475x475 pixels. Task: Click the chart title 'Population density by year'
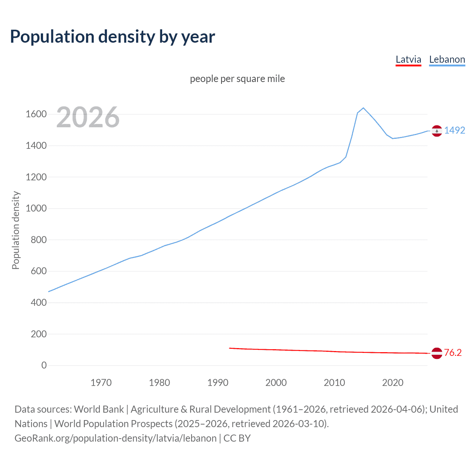pyautogui.click(x=112, y=37)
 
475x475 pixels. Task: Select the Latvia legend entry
pyautogui.click(x=408, y=60)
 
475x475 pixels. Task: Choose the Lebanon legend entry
pyautogui.click(x=447, y=60)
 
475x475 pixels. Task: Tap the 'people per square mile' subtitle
pyautogui.click(x=237, y=79)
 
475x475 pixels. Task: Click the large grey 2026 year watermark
pyautogui.click(x=88, y=117)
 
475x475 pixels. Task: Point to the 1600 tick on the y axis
pyautogui.click(x=36, y=114)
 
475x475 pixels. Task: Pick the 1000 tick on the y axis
pyautogui.click(x=36, y=209)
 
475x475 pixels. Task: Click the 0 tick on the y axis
pyautogui.click(x=44, y=366)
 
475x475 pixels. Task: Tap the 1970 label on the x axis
pyautogui.click(x=101, y=383)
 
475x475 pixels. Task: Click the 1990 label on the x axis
pyautogui.click(x=218, y=383)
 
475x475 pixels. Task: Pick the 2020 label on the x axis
pyautogui.click(x=393, y=383)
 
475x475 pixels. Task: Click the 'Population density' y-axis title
pyautogui.click(x=16, y=230)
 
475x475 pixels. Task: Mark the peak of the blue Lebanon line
pyautogui.click(x=363, y=108)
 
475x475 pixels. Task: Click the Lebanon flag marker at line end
pyautogui.click(x=437, y=131)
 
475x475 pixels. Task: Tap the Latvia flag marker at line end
pyautogui.click(x=437, y=353)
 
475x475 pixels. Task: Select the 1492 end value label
pyautogui.click(x=455, y=131)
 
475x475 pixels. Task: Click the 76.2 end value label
pyautogui.click(x=453, y=353)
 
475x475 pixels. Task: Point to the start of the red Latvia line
pyautogui.click(x=230, y=348)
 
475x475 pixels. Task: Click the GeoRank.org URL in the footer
pyautogui.click(x=115, y=438)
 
